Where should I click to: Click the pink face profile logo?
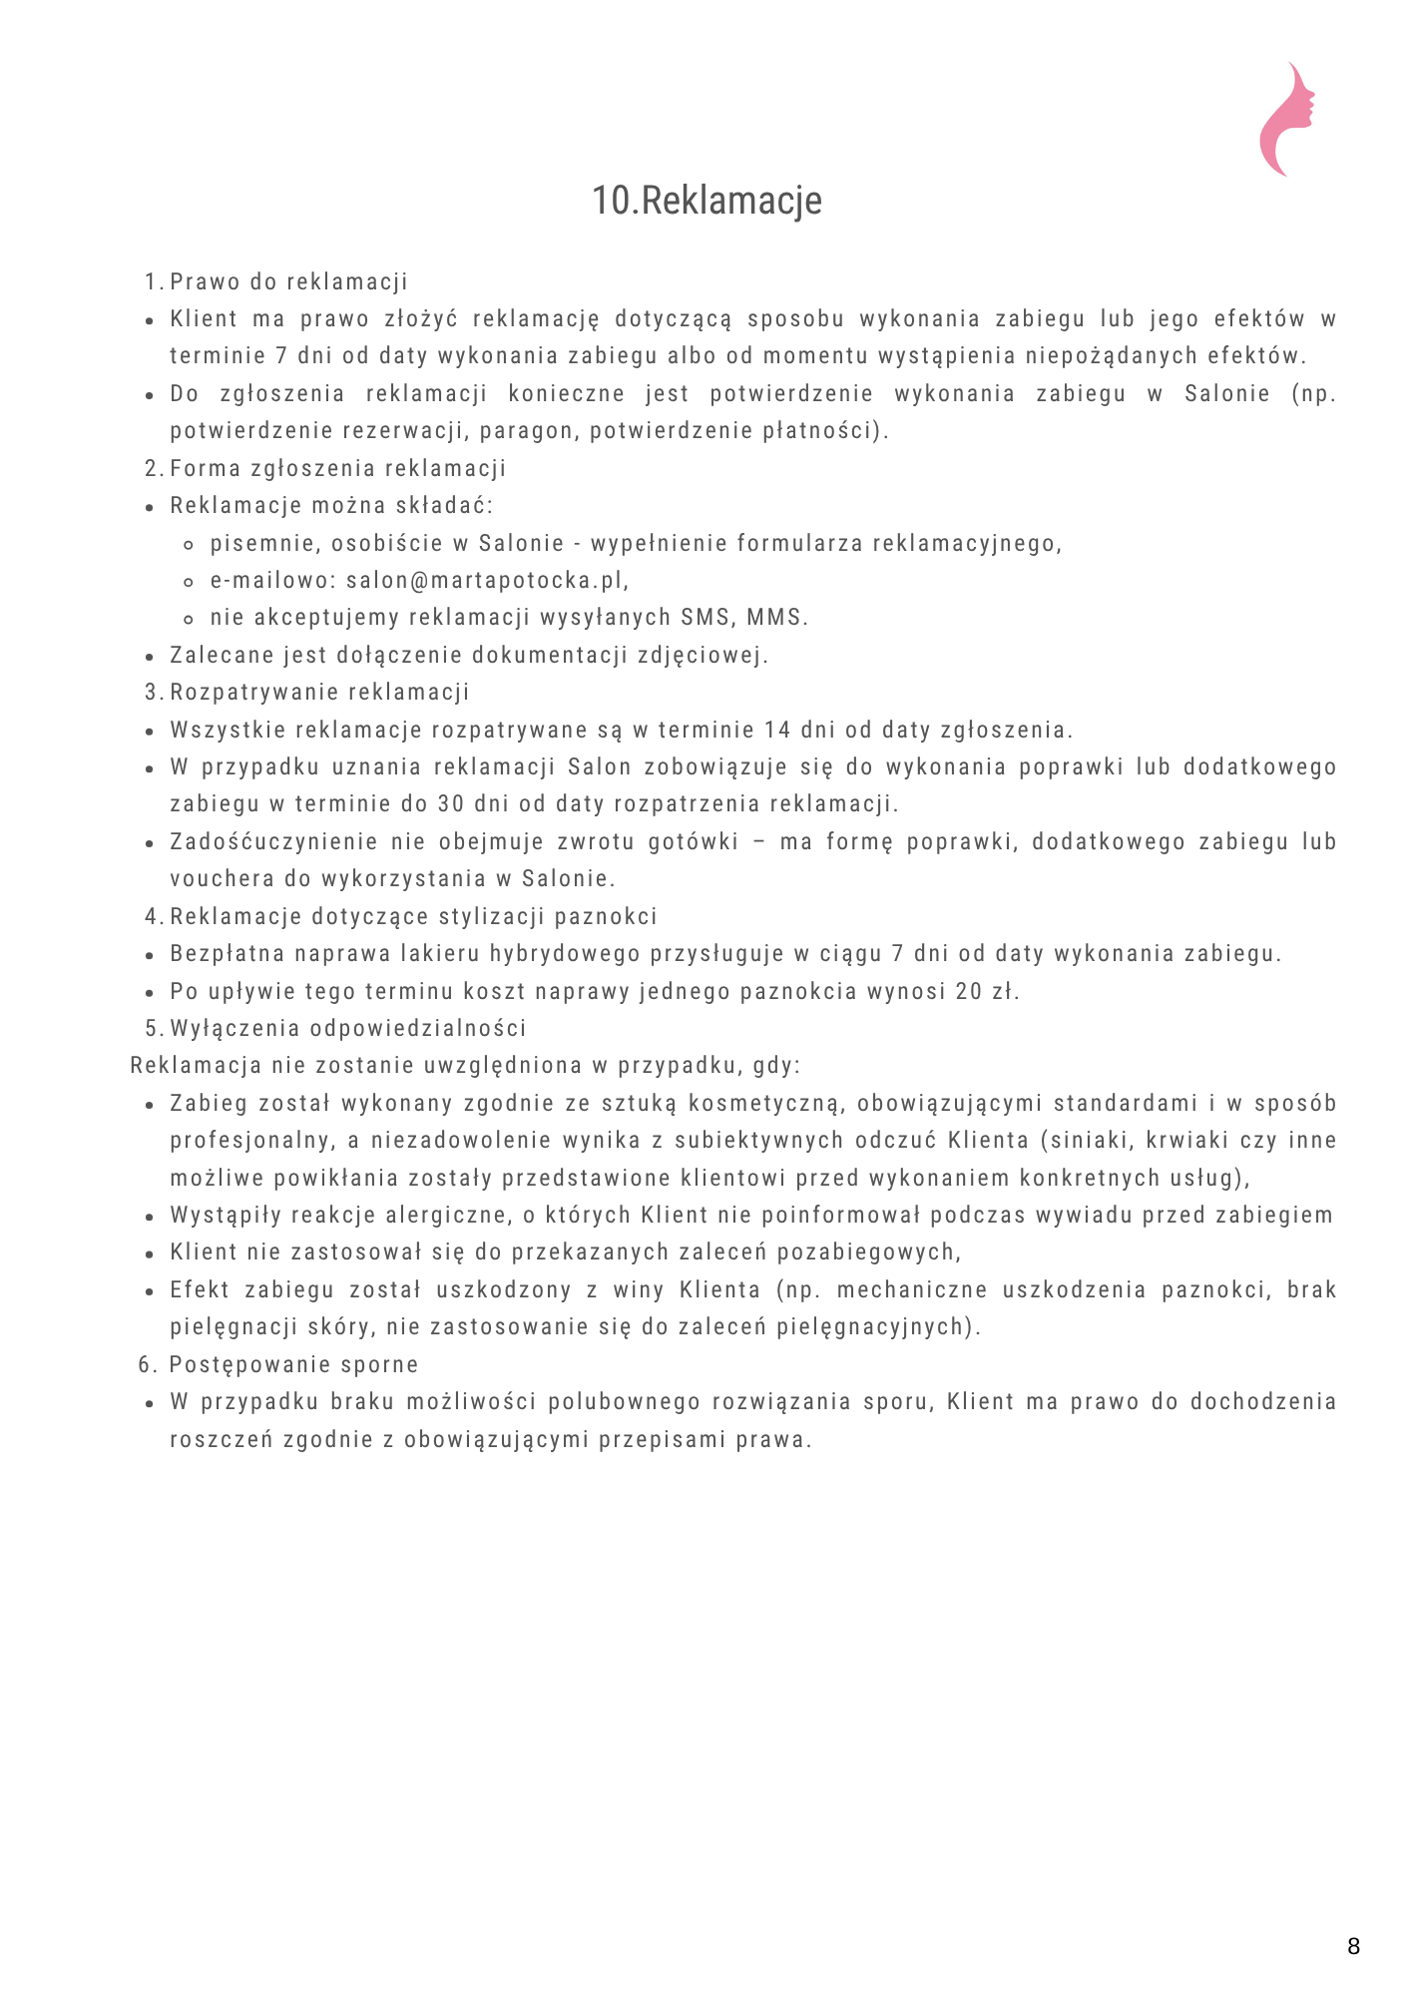coord(1286,120)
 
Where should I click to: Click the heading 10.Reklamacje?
coord(706,201)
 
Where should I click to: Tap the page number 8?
coord(1353,1946)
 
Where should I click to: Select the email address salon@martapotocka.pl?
coord(487,581)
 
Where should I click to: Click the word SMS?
coord(705,618)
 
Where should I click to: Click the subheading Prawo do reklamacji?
coord(288,282)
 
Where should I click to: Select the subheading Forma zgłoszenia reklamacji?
coord(338,469)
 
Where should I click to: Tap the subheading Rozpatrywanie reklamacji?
coord(319,693)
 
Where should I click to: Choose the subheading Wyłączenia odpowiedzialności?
coord(348,1029)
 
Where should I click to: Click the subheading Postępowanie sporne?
coord(293,1365)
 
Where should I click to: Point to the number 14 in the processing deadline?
coord(777,731)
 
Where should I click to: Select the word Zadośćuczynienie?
coord(273,842)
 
